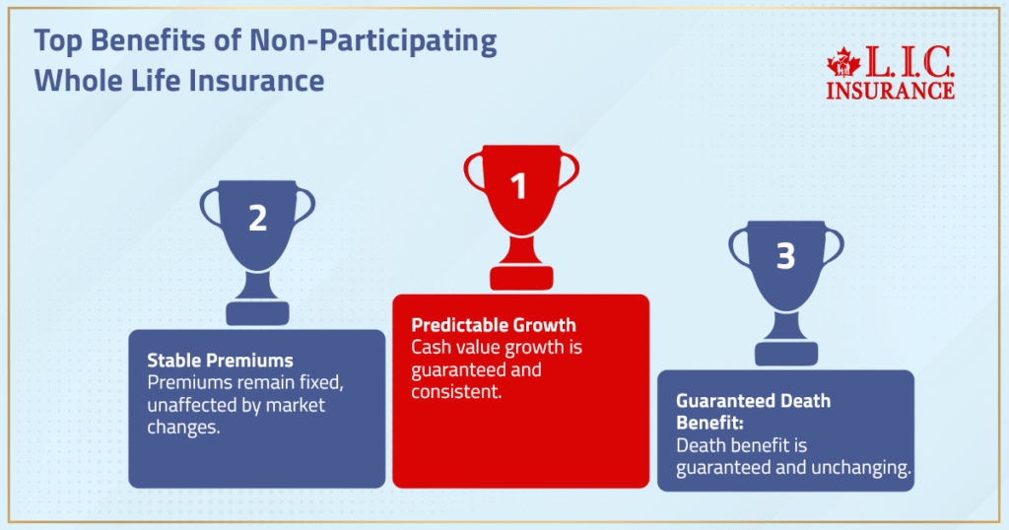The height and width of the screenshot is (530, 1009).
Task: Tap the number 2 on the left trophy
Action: tap(257, 218)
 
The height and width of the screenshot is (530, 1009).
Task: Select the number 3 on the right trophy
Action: tap(785, 256)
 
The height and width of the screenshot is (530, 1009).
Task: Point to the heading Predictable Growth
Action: tap(494, 325)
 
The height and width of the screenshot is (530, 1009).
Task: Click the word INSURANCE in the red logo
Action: tap(890, 91)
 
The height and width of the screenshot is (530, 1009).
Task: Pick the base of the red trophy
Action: tap(520, 278)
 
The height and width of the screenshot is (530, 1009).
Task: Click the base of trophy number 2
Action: tap(257, 313)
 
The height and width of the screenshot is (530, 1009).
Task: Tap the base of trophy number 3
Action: tap(785, 354)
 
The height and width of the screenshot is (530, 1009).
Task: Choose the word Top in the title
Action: tap(54, 42)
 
